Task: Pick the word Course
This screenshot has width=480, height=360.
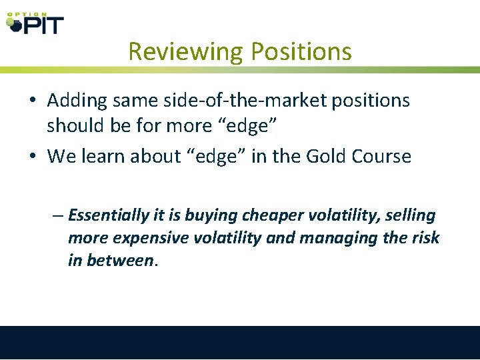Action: [381, 157]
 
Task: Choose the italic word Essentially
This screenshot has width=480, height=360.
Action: [108, 215]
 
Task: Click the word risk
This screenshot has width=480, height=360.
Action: [424, 238]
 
